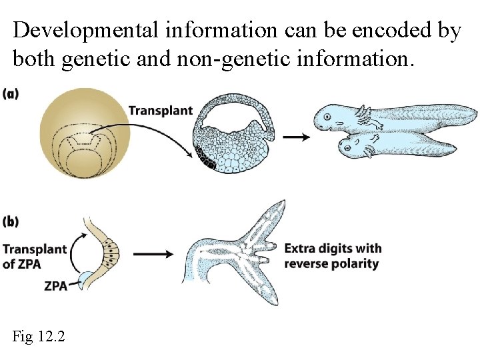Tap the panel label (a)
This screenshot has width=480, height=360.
click(11, 93)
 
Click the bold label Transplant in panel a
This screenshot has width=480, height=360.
click(160, 111)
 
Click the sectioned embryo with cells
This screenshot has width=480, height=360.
click(233, 133)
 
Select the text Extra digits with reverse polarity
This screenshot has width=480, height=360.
click(333, 256)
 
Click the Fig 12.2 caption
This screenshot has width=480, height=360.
click(39, 337)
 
